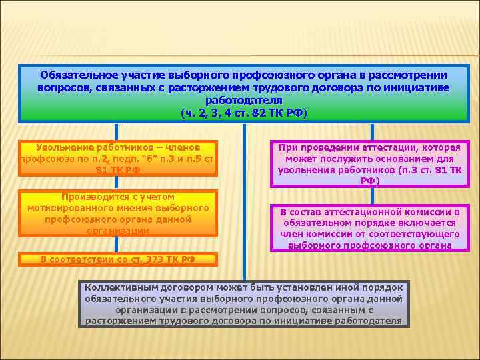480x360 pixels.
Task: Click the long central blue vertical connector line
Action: point(244,200)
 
